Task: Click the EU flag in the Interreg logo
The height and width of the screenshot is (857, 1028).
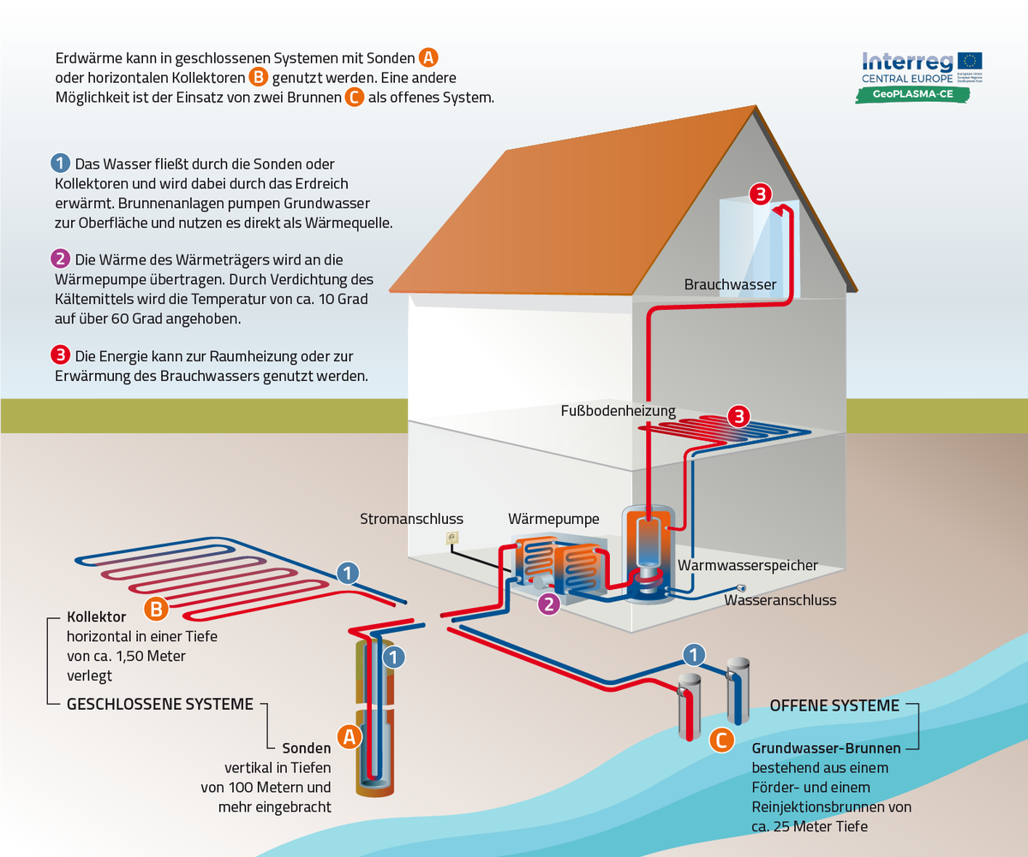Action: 971,62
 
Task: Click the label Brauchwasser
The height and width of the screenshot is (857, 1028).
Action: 730,284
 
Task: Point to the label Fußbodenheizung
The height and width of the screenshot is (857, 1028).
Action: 619,411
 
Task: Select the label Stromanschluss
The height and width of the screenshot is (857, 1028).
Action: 411,519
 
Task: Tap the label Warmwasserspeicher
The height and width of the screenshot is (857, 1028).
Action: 748,566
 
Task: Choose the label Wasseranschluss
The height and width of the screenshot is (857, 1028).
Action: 780,600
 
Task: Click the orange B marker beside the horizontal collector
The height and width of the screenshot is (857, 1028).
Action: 156,609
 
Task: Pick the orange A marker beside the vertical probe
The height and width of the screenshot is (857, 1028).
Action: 349,735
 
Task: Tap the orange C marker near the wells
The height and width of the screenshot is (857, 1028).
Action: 722,739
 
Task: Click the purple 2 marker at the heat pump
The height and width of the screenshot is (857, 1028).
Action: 548,604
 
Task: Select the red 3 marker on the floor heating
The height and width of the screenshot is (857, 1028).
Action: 738,417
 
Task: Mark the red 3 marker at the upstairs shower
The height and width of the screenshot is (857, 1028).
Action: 760,193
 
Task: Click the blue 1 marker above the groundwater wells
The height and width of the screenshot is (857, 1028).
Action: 694,655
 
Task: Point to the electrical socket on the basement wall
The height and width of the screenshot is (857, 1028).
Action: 451,538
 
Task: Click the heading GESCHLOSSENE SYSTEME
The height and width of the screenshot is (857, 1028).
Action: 160,705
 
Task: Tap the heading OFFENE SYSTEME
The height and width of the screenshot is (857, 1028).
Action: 834,705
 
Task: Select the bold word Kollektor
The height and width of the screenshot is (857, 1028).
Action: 97,616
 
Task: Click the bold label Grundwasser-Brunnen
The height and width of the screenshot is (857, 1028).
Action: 826,747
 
